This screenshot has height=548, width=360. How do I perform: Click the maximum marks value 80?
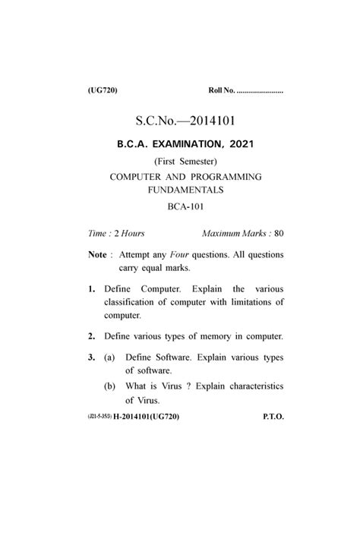click(x=279, y=233)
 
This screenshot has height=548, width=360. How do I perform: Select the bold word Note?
click(x=97, y=255)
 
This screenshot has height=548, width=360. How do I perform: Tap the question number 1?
click(x=90, y=289)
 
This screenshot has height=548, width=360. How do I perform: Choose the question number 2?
click(x=90, y=335)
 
